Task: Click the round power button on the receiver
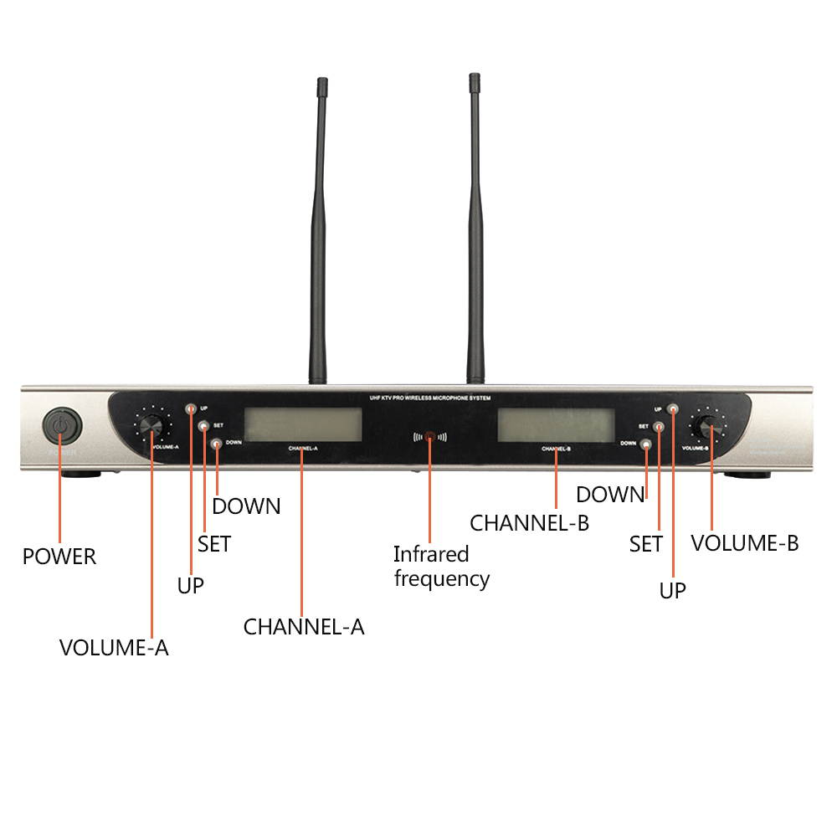pyautogui.click(x=61, y=427)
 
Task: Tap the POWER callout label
pyautogui.click(x=59, y=557)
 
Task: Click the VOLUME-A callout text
pyautogui.click(x=114, y=647)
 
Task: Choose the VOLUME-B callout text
pyautogui.click(x=744, y=543)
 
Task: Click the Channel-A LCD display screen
pyautogui.click(x=302, y=424)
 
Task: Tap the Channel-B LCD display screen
pyautogui.click(x=556, y=424)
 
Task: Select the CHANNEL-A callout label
pyautogui.click(x=304, y=626)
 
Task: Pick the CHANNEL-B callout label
pyautogui.click(x=529, y=523)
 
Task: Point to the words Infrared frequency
pyautogui.click(x=441, y=566)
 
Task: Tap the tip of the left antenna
pyautogui.click(x=321, y=85)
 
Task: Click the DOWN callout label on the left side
pyautogui.click(x=246, y=506)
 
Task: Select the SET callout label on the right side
pyautogui.click(x=645, y=544)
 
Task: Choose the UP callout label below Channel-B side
pyautogui.click(x=672, y=590)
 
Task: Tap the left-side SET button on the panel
pyautogui.click(x=203, y=426)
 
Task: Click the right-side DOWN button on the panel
pyautogui.click(x=645, y=444)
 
